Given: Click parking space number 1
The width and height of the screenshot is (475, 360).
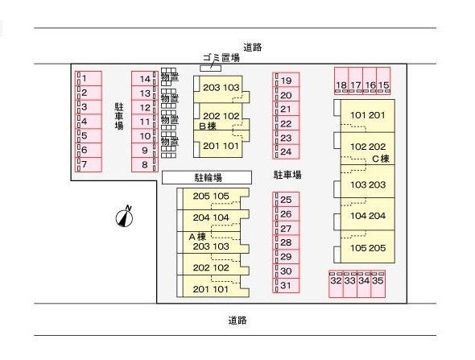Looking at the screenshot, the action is (x=88, y=78).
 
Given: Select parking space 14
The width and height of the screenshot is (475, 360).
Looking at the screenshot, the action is (x=145, y=79).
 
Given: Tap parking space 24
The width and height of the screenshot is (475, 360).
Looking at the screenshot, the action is (x=286, y=152).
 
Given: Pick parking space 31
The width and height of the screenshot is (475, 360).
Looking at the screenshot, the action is (x=286, y=285).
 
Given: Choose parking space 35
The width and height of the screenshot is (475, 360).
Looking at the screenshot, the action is (x=378, y=284).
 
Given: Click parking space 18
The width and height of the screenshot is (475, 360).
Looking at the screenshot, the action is (x=341, y=81).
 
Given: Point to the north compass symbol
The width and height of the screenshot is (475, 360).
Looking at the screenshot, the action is (x=125, y=217).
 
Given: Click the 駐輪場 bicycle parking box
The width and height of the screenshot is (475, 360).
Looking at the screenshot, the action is (x=207, y=177).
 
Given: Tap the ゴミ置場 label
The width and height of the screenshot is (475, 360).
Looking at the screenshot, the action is (x=221, y=57).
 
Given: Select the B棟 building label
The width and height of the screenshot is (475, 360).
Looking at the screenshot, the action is (x=208, y=126).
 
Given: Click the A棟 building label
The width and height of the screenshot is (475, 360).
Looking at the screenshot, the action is (x=197, y=236).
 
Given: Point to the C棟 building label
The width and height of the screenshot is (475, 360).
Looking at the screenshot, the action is (x=381, y=159).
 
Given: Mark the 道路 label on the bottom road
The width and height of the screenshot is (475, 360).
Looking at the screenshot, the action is (x=237, y=320).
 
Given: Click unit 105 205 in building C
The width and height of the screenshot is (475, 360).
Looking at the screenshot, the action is (x=368, y=246).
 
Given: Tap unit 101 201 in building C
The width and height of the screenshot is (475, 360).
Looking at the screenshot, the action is (x=368, y=116).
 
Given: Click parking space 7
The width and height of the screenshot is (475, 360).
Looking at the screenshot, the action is (x=88, y=164).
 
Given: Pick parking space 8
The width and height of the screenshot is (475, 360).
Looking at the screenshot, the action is (x=145, y=164).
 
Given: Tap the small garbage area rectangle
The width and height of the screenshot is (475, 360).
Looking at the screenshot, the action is (x=211, y=68).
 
